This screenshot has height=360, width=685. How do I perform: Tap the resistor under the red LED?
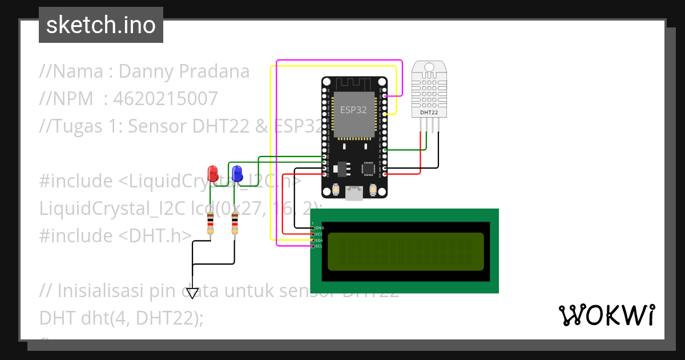(x=211, y=223)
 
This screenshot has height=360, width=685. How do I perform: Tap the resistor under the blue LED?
(x=235, y=223)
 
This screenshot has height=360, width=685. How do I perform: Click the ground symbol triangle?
(x=192, y=293)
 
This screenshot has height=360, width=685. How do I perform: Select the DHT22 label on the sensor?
(x=429, y=113)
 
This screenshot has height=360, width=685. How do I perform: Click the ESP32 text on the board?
(x=353, y=110)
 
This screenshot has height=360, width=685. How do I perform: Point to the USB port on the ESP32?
(x=354, y=194)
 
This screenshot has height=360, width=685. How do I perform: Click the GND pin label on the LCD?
(x=320, y=228)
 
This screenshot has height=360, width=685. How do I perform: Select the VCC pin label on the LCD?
(x=320, y=234)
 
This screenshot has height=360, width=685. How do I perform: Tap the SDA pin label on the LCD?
(x=320, y=241)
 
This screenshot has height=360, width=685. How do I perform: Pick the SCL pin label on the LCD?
(x=320, y=246)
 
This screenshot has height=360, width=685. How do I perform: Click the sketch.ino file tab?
(x=101, y=25)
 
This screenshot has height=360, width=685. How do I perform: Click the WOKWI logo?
(x=606, y=315)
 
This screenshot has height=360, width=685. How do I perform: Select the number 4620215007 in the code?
(x=166, y=99)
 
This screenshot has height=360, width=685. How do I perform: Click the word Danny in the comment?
(x=146, y=71)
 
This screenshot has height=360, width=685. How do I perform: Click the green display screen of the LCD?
(x=405, y=251)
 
